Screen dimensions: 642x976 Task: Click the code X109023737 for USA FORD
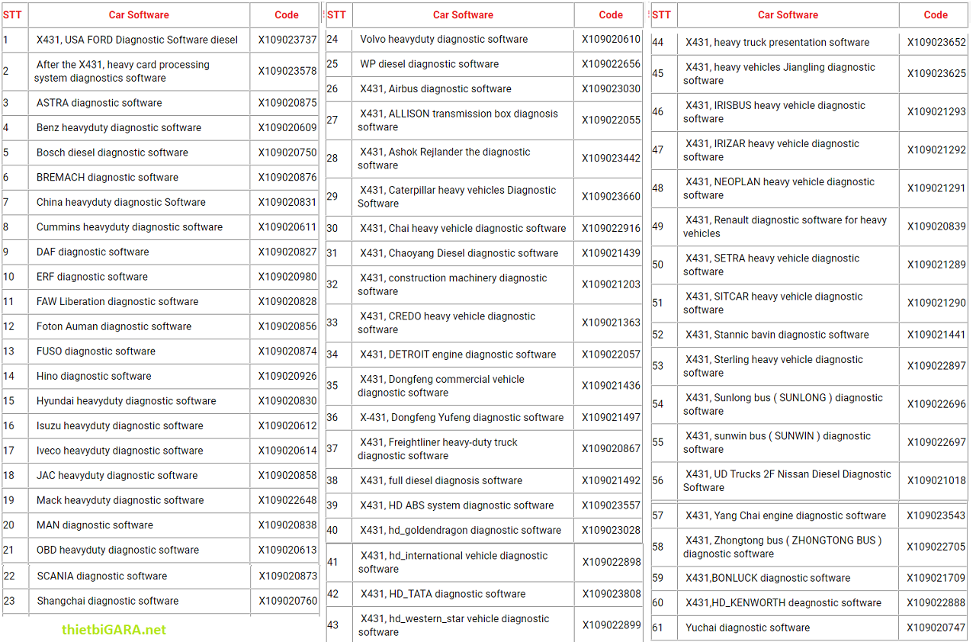[x=287, y=40]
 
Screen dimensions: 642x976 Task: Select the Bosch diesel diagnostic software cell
[x=112, y=152]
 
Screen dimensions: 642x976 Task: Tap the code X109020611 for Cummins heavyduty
[x=287, y=227]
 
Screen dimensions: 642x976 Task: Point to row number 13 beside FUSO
[x=9, y=351]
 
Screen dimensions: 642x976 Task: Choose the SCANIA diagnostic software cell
[x=102, y=576]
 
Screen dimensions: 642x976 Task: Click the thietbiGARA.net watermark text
[x=114, y=630]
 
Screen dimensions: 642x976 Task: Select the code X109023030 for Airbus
[x=611, y=89]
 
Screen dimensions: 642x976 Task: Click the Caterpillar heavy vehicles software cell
[x=457, y=197]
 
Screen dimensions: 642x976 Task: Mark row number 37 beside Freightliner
[x=332, y=449]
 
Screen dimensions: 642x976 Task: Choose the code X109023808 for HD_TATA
[x=612, y=594]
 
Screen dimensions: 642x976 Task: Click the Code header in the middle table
[x=611, y=14]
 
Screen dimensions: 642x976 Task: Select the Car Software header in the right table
[x=788, y=14]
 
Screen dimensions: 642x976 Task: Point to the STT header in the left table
[x=12, y=14]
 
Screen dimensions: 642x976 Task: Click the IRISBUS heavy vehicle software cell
[x=774, y=112]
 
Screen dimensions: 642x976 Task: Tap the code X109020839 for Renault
[x=936, y=226]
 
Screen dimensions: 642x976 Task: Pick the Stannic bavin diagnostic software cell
[x=777, y=335]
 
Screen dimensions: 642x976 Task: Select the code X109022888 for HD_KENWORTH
[x=936, y=603]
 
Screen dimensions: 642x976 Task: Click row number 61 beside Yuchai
[x=658, y=628]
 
